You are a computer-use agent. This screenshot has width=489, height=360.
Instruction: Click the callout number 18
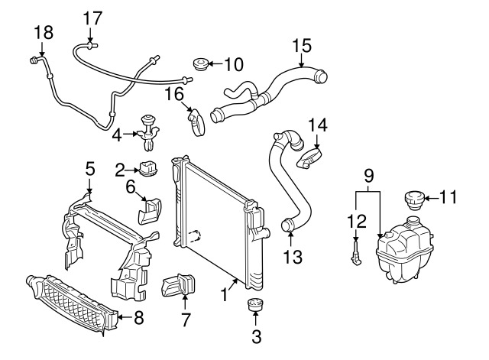44,31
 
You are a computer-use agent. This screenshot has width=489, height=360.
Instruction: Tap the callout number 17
92,18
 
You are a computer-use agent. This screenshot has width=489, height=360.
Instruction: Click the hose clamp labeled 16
197,121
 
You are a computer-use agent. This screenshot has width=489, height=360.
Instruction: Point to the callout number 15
303,44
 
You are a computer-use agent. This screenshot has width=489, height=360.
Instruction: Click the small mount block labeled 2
148,168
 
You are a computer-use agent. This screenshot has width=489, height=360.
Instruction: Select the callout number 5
89,167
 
